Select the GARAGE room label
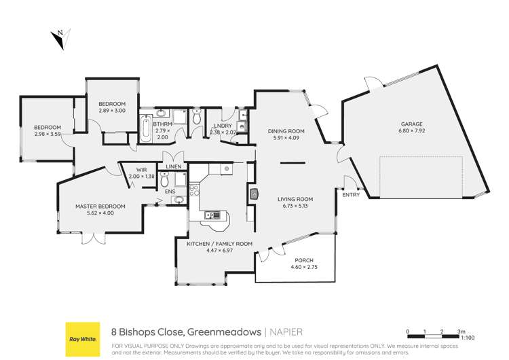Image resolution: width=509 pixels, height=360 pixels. click(411, 124)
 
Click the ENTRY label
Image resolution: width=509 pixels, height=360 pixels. click(352, 194)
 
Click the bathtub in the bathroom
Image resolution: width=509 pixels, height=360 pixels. click(146, 128)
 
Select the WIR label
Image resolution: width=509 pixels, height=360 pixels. click(141, 169)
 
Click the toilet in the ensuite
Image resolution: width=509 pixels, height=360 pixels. click(180, 179)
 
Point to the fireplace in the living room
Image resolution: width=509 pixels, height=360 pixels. click(254, 195)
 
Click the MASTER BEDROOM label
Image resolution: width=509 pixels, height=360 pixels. click(100, 206)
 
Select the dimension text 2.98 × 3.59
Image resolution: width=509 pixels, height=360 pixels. click(48, 134)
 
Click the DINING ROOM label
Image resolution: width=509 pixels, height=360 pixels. click(286, 131)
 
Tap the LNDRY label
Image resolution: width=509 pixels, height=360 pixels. click(222, 125)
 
